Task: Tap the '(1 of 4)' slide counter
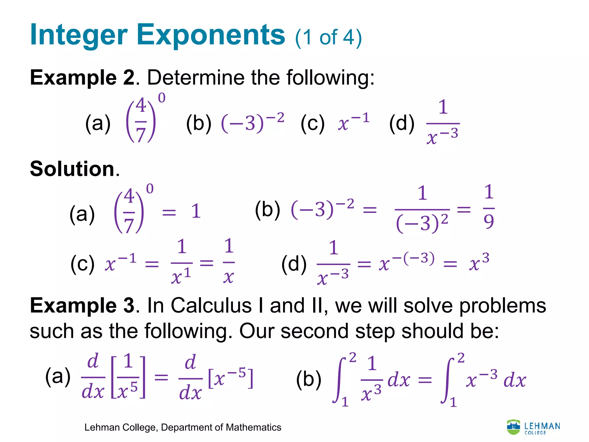(x=328, y=37)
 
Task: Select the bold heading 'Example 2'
(x=82, y=78)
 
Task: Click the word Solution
(x=72, y=169)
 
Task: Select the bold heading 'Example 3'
(x=82, y=305)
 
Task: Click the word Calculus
(x=211, y=305)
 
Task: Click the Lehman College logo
(x=533, y=427)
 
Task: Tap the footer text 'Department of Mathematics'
(x=221, y=427)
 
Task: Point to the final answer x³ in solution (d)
(x=479, y=262)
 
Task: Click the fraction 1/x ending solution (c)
(x=229, y=261)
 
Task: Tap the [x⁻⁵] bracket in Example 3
(x=230, y=378)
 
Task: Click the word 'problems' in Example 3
(x=502, y=305)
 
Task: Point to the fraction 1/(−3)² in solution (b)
(x=422, y=209)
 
